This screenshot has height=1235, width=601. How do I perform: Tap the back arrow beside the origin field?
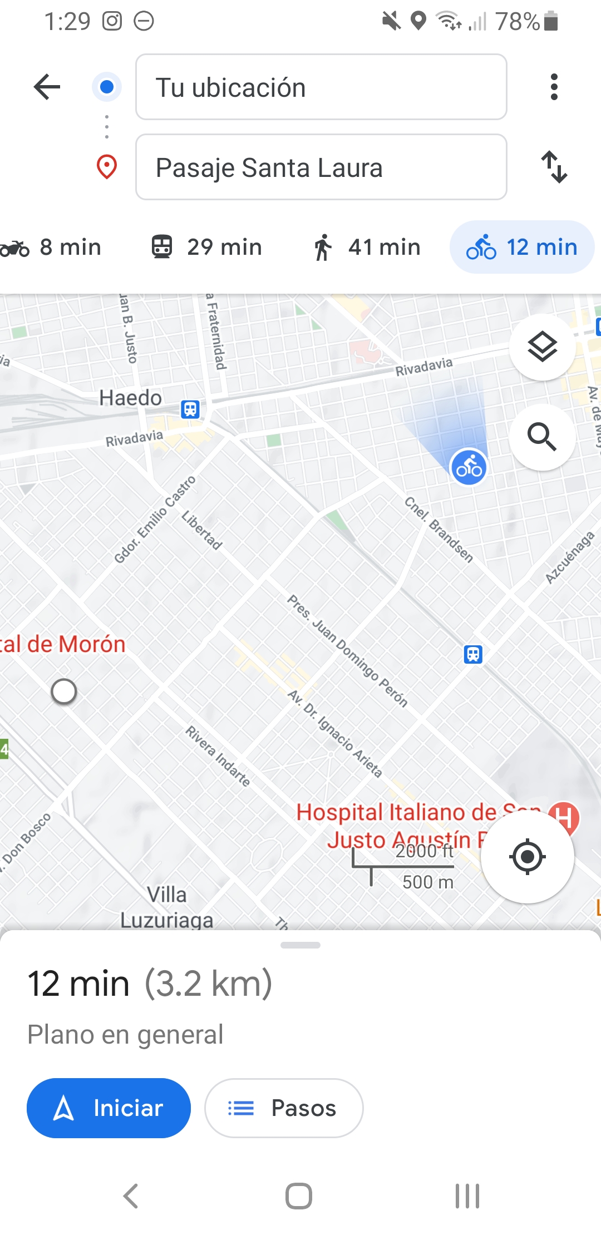(47, 87)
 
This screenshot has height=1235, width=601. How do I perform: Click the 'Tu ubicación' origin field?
(321, 87)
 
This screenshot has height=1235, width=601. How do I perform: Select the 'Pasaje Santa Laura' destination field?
(321, 167)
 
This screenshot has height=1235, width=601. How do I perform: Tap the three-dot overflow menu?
(554, 87)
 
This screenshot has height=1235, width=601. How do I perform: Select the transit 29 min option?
(207, 248)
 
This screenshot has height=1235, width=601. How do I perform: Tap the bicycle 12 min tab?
(522, 248)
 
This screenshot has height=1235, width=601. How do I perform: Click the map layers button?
(542, 347)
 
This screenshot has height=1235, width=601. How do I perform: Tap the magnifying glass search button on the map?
(542, 437)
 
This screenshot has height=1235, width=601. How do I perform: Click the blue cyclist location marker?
(469, 467)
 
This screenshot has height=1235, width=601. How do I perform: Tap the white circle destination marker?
(64, 691)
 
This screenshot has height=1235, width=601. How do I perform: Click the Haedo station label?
(131, 398)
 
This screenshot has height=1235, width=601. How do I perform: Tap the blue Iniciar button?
(109, 1108)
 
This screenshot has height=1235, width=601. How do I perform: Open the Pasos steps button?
(284, 1108)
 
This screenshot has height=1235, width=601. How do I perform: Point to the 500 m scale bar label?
(427, 882)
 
